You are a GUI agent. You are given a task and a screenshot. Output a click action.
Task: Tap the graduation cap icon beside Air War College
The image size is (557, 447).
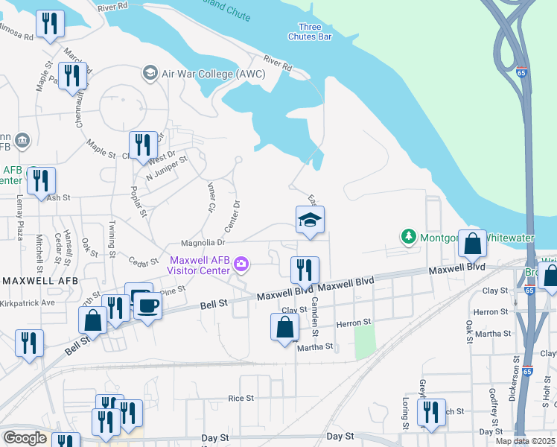[x=150, y=73]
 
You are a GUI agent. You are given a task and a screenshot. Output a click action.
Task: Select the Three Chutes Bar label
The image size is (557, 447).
[x=310, y=31]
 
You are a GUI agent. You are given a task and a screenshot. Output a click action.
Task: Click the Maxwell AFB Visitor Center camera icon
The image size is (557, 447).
[x=241, y=264]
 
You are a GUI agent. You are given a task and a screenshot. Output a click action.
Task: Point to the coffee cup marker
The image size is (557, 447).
[x=147, y=305]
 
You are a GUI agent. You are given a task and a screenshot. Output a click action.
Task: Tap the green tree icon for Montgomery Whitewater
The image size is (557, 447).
[x=407, y=237]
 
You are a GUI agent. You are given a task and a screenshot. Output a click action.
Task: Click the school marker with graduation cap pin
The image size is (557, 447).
[x=310, y=221]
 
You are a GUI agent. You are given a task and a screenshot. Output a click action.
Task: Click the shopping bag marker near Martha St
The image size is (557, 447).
[x=284, y=327]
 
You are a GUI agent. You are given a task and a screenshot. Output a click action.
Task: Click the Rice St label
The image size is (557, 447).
[x=241, y=399]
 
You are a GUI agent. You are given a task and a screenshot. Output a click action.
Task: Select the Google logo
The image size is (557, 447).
[x=25, y=438]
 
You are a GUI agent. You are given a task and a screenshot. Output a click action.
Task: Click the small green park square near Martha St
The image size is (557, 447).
[x=364, y=343]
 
